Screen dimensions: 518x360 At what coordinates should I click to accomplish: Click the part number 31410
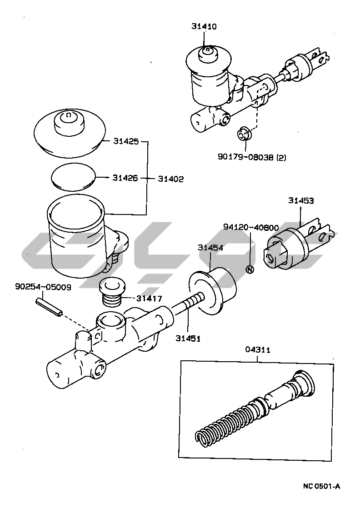tap(204, 27)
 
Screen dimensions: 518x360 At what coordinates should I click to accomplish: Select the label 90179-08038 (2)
tap(252, 157)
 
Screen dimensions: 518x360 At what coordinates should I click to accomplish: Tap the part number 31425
tap(125, 141)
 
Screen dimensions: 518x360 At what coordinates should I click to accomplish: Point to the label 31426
tap(125, 178)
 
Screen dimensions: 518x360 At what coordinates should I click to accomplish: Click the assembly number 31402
tap(170, 179)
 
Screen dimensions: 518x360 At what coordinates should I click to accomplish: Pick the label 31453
tap(300, 200)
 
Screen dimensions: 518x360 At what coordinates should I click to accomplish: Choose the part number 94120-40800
tap(251, 227)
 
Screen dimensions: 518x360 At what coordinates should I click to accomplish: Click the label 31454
tap(210, 248)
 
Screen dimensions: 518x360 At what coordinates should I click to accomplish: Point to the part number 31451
tap(188, 338)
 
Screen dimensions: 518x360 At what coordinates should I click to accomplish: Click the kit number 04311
tap(258, 350)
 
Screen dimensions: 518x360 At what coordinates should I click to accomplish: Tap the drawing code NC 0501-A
tap(321, 487)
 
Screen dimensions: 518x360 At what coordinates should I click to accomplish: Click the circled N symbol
tap(249, 269)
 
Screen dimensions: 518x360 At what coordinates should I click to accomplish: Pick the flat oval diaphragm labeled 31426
tap(73, 176)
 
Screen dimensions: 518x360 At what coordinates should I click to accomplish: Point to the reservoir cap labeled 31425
tap(69, 132)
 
